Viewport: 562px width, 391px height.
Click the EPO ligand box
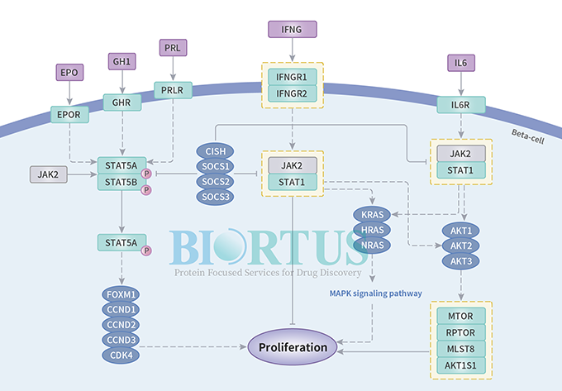click(69, 73)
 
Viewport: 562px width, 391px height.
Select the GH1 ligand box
click(122, 62)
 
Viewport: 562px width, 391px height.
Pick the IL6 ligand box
click(461, 63)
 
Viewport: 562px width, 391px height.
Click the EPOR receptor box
click(69, 115)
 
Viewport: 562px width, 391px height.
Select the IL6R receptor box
click(461, 105)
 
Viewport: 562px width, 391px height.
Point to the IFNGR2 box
click(293, 93)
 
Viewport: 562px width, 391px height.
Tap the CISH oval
click(215, 151)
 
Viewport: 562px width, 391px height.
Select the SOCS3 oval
click(215, 196)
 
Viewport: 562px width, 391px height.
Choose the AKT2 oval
click(460, 246)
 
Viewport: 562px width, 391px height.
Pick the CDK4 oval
click(122, 355)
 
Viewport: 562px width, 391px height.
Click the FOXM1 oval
click(122, 293)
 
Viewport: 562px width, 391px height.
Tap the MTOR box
click(461, 315)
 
